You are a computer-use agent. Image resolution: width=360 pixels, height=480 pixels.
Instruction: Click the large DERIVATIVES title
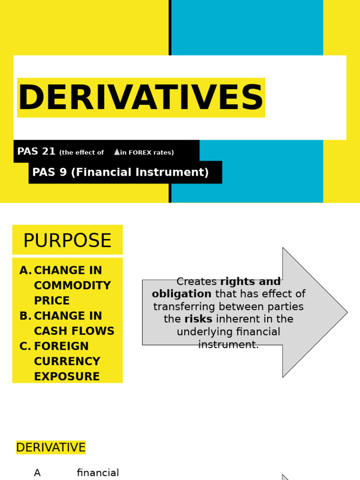point(141,98)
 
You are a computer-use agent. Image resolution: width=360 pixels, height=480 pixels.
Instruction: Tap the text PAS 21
point(36,151)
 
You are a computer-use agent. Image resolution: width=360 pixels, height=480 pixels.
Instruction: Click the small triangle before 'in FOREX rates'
point(117,152)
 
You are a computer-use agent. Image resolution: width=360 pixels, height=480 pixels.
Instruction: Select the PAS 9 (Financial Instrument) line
point(120,172)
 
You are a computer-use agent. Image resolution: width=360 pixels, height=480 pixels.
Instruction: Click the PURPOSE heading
point(67,241)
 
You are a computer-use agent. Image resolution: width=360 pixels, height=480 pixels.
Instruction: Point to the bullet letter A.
point(25,271)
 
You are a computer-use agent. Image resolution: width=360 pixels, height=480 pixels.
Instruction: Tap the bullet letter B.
point(25,316)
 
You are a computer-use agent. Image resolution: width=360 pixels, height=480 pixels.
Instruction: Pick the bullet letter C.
point(25,347)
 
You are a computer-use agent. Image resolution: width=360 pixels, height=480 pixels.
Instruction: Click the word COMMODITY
point(72,286)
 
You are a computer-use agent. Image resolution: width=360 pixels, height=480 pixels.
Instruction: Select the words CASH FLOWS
point(74,331)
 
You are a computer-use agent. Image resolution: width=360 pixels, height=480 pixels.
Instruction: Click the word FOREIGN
point(61,347)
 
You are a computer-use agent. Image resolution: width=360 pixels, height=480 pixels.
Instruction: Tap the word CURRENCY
point(67,362)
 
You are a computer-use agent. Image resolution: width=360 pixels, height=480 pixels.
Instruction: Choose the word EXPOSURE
point(67,377)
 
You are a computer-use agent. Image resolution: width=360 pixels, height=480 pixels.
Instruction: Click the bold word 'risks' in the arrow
point(198,319)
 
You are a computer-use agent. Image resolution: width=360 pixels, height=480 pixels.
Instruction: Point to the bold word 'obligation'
point(181,294)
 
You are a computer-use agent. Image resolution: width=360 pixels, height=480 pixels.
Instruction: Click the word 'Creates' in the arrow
point(196,282)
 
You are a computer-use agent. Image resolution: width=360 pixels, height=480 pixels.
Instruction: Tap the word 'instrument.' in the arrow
point(228,345)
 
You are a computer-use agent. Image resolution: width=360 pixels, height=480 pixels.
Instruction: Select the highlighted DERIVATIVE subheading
point(51,448)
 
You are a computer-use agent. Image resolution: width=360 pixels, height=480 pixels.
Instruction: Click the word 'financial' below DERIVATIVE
point(98,473)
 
